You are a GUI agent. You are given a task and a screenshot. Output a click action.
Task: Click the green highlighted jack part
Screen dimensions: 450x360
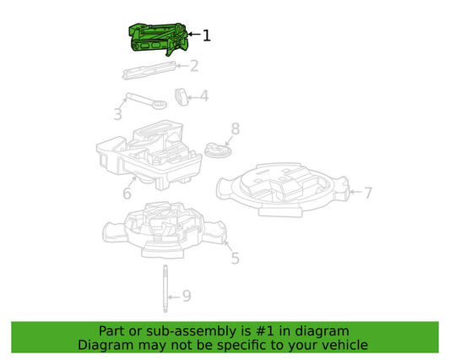coord(158,39)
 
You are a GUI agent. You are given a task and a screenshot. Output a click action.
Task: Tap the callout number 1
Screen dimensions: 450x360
coord(207,35)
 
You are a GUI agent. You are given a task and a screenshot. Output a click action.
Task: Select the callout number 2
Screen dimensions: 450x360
coord(194,66)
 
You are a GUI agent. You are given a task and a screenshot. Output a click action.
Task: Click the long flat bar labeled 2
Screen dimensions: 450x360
coord(149,70)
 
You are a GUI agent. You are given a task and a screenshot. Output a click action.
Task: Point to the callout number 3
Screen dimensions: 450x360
coord(118,114)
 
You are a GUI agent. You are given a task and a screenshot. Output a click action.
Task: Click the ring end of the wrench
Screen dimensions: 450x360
coord(159,104)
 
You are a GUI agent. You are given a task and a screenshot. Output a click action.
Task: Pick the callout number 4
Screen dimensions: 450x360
coord(204,96)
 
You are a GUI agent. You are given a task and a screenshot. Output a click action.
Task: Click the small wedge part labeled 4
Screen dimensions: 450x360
coord(182,97)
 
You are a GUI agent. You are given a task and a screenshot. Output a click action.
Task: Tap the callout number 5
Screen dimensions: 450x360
coord(235,259)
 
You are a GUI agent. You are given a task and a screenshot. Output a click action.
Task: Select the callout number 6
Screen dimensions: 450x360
coord(127,193)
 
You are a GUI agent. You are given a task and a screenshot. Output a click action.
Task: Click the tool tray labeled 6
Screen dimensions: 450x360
coord(149,155)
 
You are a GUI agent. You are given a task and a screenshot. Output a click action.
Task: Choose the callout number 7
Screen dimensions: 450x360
coord(368,193)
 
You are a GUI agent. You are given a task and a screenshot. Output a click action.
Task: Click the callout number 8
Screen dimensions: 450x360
coord(236,129)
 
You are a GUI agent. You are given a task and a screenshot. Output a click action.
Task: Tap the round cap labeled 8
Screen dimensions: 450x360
coord(218,150)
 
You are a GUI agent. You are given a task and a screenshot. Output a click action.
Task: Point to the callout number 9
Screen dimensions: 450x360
coord(187,296)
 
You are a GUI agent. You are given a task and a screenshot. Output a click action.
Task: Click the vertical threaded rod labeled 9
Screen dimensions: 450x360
coord(165,288)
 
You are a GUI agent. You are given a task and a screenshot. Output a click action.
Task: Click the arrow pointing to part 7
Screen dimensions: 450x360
coord(355,192)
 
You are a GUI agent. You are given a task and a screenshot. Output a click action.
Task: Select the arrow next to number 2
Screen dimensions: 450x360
coord(182,66)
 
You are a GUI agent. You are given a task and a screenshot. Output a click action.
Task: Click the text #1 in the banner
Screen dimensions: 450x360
coord(264,331)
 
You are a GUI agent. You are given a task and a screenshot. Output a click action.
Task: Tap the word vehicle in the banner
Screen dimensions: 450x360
coord(347,345)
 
